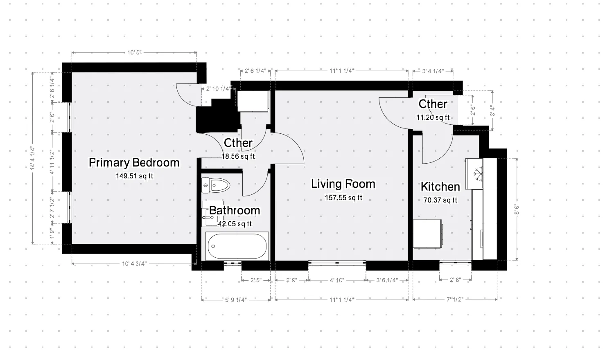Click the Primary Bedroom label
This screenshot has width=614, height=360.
click(134, 163)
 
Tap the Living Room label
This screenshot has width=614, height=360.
click(343, 184)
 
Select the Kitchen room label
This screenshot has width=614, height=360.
click(440, 187)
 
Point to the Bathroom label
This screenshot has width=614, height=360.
click(235, 211)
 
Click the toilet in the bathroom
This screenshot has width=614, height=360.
click(216, 185)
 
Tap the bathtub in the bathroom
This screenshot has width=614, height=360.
click(237, 246)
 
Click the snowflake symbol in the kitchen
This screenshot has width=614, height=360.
click(477, 174)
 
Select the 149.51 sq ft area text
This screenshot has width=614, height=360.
click(134, 176)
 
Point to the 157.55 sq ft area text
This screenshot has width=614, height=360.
click(343, 198)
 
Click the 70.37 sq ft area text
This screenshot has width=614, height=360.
click(440, 200)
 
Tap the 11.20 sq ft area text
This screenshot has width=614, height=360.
click(433, 118)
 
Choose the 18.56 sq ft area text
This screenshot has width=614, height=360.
click(238, 156)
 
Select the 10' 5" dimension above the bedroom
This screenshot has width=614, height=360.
click(134, 52)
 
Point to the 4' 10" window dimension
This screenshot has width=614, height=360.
click(336, 281)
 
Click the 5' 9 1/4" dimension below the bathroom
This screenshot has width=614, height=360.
click(235, 300)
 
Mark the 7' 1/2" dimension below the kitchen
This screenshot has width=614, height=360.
click(454, 300)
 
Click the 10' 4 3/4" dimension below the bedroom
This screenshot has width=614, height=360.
click(134, 264)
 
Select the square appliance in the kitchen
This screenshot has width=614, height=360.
click(427, 234)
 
